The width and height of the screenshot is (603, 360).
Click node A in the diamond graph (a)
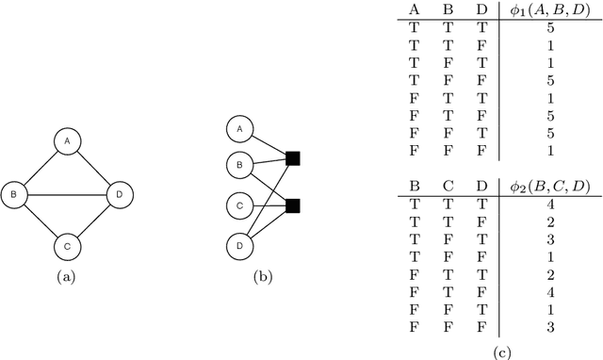[x=67, y=142]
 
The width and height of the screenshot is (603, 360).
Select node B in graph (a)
[x=14, y=196]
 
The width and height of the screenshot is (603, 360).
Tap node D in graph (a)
[x=120, y=196]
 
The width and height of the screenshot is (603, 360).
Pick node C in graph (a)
[x=67, y=248]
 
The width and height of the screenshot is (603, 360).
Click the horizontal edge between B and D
[x=67, y=196]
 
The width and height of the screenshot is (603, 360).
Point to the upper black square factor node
[x=293, y=157]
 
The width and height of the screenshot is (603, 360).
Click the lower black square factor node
[x=293, y=205]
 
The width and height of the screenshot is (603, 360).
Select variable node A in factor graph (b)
[x=240, y=129]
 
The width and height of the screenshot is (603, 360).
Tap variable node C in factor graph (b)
[x=240, y=206]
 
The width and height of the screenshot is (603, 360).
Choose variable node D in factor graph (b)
[x=240, y=246]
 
